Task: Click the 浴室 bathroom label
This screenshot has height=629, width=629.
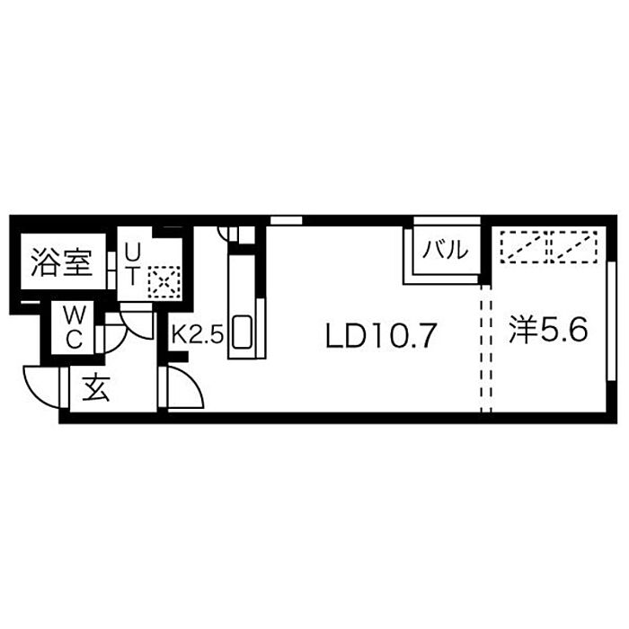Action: [62, 262]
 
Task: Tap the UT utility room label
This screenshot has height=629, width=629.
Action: [131, 264]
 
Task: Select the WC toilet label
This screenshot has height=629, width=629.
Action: [75, 328]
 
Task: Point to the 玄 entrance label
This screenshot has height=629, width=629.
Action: [96, 388]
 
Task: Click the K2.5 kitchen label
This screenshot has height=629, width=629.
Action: [197, 333]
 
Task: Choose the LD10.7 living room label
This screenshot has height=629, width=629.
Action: [380, 335]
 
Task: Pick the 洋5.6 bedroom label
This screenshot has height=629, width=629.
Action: [548, 330]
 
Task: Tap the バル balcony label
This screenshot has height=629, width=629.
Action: [446, 251]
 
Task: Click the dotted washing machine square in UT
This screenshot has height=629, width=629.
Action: [164, 281]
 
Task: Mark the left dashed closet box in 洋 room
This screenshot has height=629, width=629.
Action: [523, 247]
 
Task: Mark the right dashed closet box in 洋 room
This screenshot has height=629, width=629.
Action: [574, 247]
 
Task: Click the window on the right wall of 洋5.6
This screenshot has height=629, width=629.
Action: [611, 321]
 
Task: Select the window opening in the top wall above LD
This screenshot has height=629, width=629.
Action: [286, 220]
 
